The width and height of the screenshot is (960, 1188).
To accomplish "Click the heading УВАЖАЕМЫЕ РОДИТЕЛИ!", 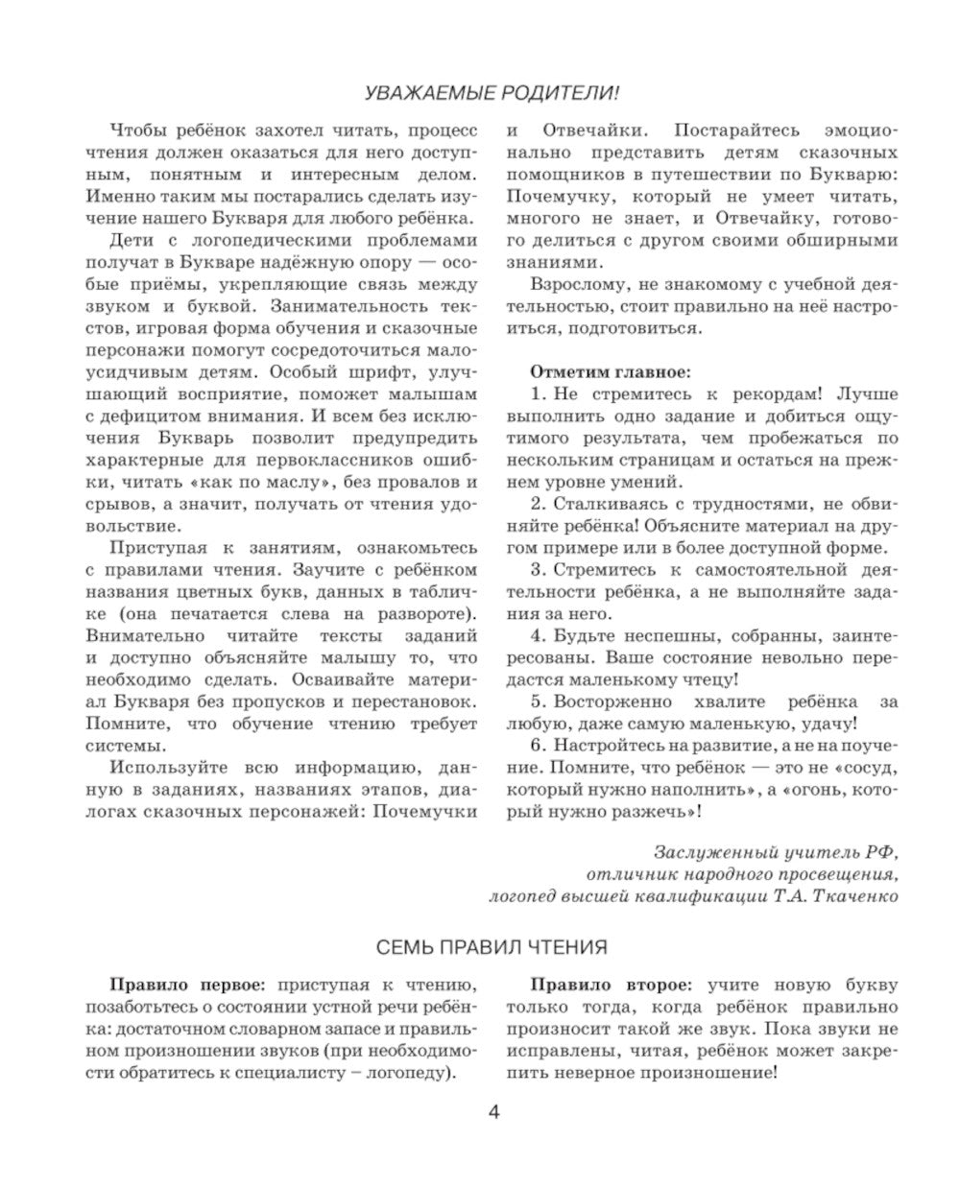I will coord(491,93).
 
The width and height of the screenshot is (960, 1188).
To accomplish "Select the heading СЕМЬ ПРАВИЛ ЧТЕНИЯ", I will coord(491,947).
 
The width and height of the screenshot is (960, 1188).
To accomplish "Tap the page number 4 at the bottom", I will coord(494,1112).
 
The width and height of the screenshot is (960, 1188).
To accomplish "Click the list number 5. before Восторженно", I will coord(538,701).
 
